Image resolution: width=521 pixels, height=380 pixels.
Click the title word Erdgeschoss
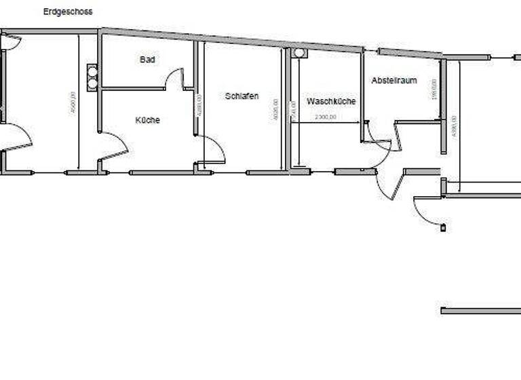68,12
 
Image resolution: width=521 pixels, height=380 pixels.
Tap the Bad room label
147,60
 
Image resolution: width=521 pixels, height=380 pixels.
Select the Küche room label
147,120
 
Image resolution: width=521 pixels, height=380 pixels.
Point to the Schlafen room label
242,96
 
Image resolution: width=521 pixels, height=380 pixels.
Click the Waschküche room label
331,101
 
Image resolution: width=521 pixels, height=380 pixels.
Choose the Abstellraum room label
394,81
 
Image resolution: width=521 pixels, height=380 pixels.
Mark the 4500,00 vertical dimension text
73,102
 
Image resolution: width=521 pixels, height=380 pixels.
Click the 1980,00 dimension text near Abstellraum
434,89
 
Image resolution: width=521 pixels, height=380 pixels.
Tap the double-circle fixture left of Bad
93,77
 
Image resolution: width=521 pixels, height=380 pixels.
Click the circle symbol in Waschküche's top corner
300,53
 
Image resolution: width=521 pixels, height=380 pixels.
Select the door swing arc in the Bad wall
174,76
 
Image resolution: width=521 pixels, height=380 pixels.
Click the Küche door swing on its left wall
115,145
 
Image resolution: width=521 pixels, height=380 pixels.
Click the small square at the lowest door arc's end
444,227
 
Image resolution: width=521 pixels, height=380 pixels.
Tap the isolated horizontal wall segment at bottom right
480,311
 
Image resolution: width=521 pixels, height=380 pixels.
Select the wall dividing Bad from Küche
134,88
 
